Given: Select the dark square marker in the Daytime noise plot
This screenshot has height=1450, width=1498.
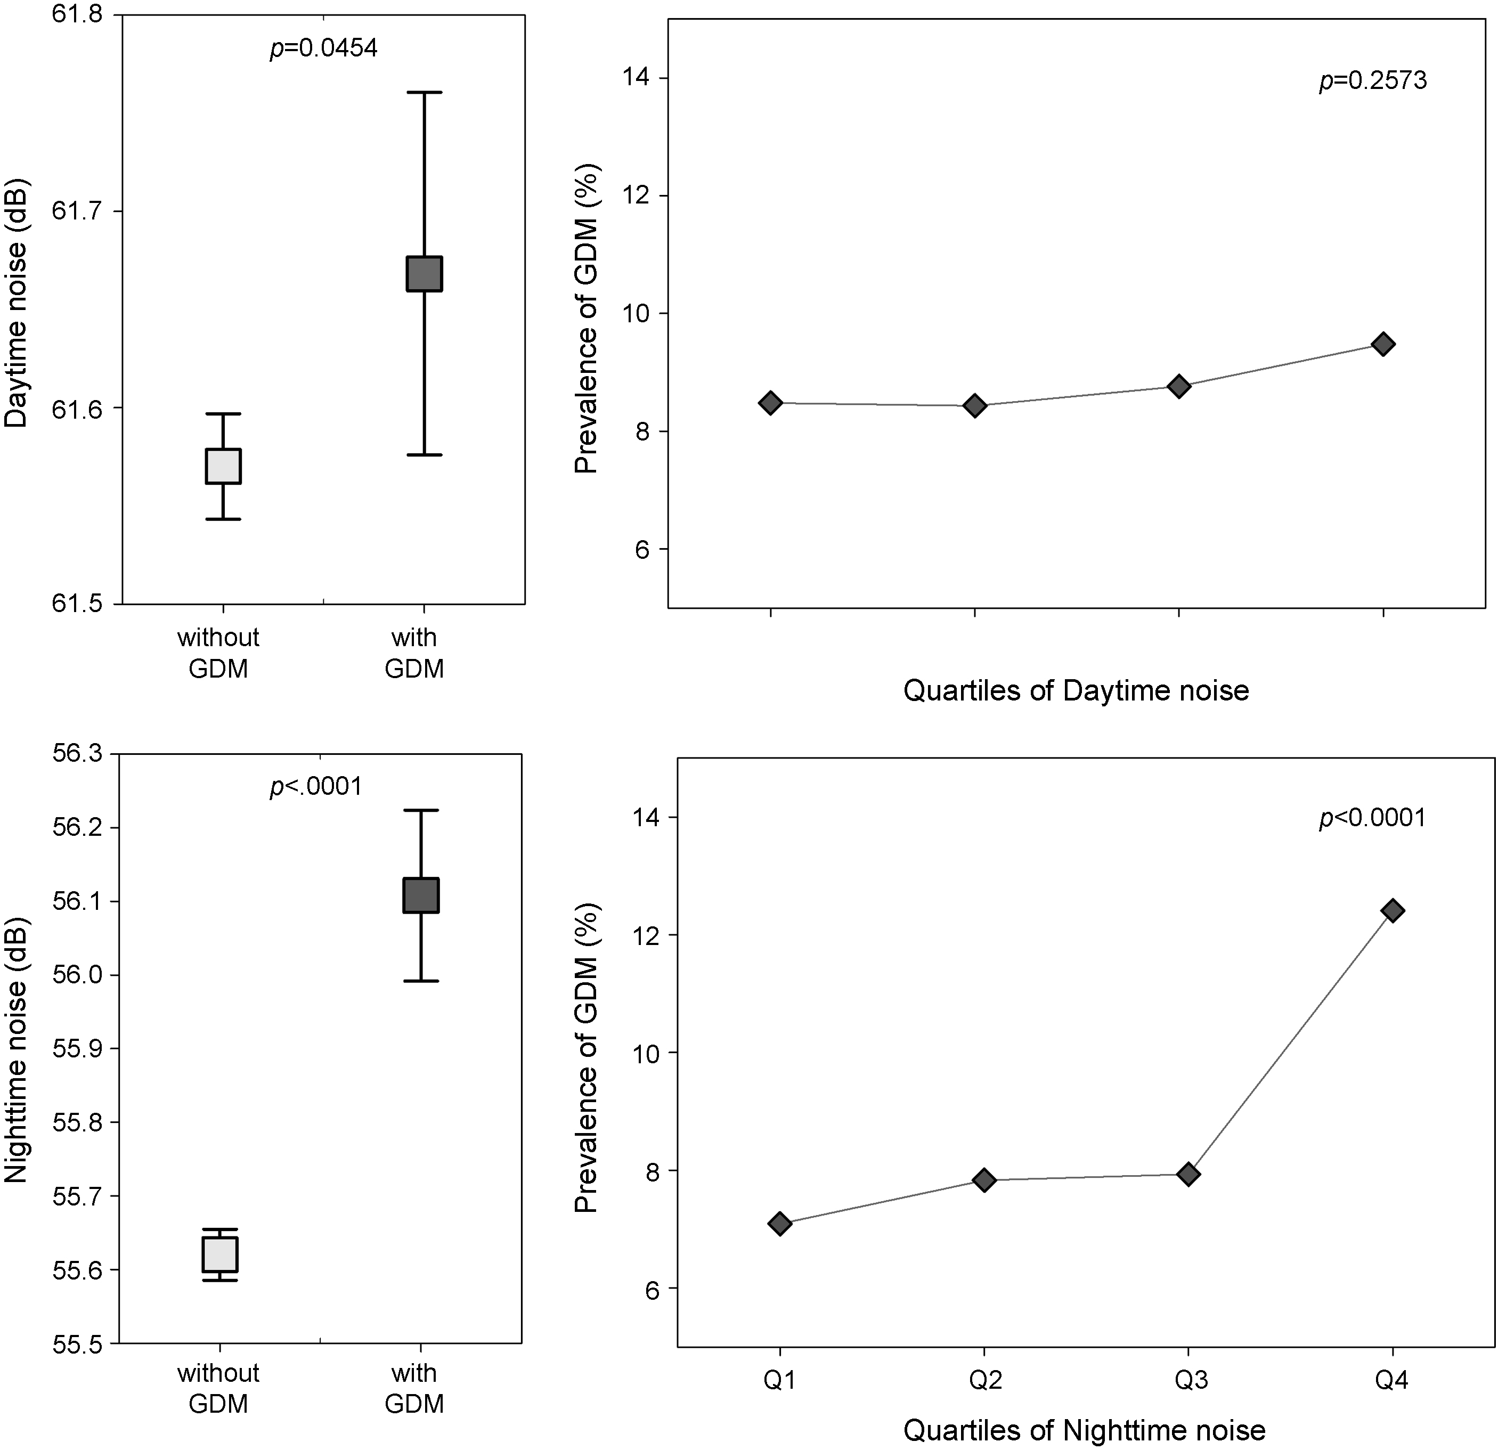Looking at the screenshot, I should click(424, 274).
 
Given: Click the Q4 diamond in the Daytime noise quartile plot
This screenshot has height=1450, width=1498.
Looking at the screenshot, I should click(1382, 345).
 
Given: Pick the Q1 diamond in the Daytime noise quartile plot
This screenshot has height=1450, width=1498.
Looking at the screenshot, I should click(770, 403).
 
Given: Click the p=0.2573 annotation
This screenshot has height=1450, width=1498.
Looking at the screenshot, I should click(1373, 81).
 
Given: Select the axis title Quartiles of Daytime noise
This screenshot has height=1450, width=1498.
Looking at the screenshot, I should click(1076, 691).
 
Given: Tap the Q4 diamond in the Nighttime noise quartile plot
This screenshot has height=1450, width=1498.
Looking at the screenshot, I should click(1393, 910).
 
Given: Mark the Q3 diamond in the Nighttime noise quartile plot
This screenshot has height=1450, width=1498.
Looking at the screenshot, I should click(1188, 1174).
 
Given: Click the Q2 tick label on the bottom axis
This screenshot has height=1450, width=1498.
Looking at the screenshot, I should click(985, 1380).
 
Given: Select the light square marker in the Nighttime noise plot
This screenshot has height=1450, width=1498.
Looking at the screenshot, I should click(220, 1255).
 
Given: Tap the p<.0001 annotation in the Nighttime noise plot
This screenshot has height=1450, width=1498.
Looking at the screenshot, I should click(316, 787).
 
